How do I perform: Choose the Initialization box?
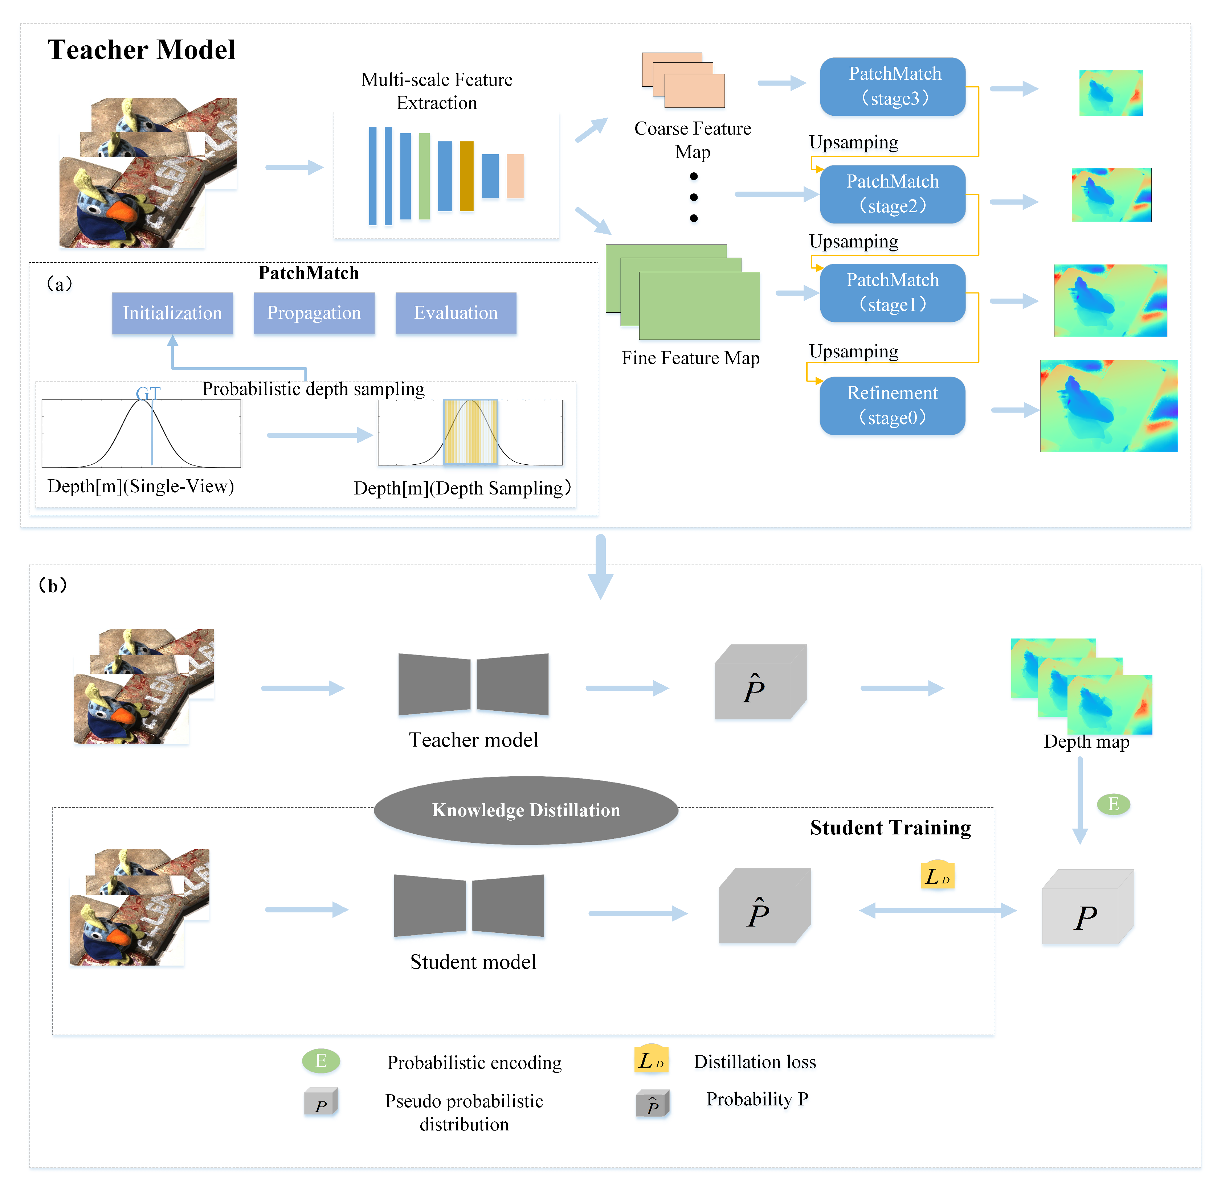(x=172, y=313)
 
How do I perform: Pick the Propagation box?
(x=314, y=313)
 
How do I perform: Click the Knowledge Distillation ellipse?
(x=526, y=810)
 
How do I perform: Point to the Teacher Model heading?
(x=141, y=50)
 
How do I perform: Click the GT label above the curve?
(x=148, y=393)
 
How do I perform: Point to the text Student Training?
(x=890, y=827)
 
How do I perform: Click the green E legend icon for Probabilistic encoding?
(x=321, y=1061)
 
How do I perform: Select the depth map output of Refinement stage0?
(x=1108, y=406)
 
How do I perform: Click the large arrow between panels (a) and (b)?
(x=600, y=565)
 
